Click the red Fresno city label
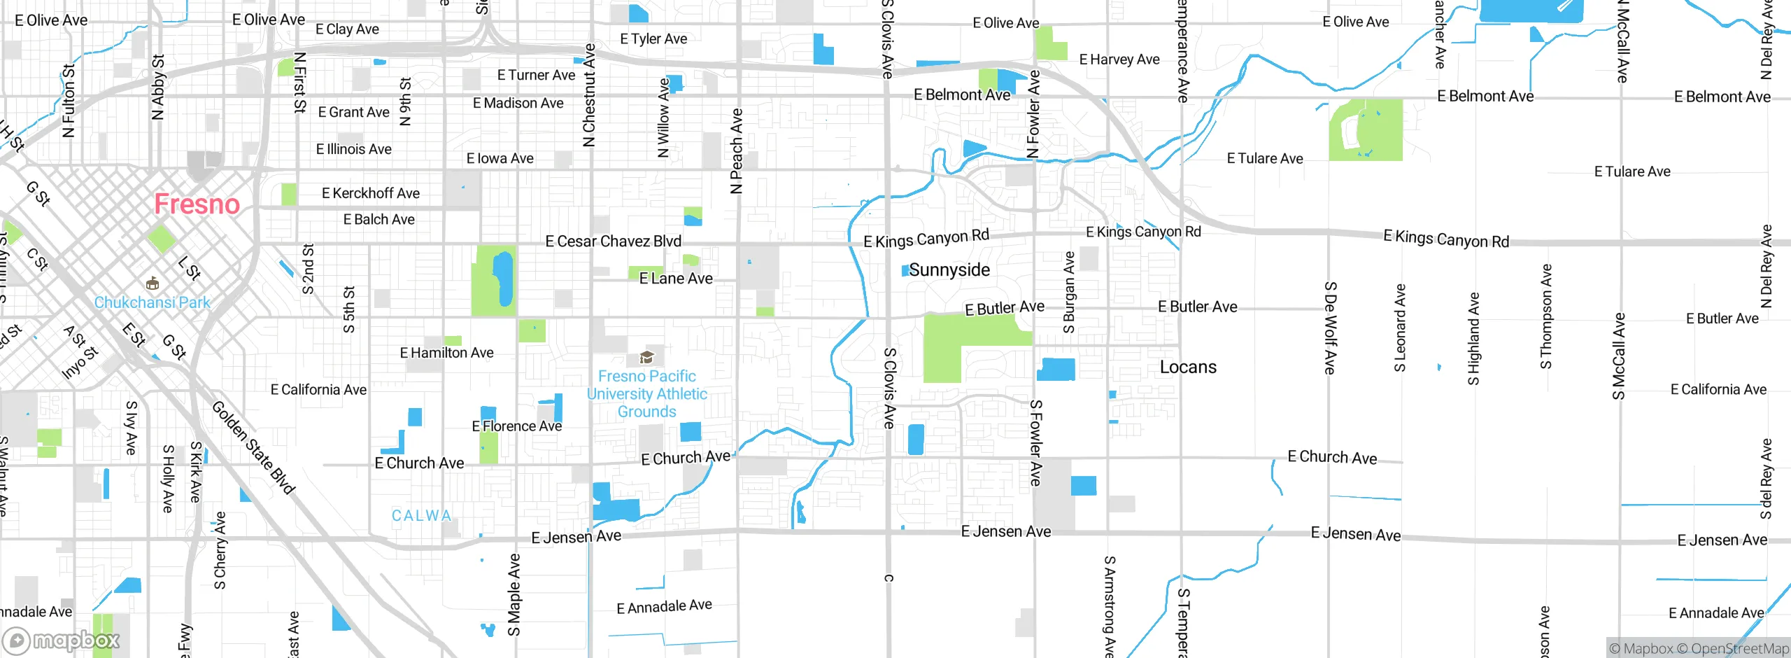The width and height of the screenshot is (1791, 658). click(x=197, y=204)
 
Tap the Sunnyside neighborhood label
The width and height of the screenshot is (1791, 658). click(x=949, y=270)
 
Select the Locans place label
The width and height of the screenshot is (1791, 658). click(x=1188, y=367)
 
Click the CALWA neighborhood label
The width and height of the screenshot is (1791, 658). click(x=421, y=516)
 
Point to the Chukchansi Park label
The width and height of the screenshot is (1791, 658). click(x=152, y=302)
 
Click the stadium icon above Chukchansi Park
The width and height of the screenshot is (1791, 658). click(x=152, y=283)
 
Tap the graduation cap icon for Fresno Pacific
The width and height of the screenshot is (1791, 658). click(x=647, y=358)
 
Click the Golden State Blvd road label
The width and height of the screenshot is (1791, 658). click(x=253, y=448)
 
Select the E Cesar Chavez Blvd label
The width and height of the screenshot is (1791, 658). click(x=613, y=241)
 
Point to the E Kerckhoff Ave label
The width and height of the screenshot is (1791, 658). click(x=371, y=193)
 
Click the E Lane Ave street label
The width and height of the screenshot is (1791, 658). click(x=676, y=279)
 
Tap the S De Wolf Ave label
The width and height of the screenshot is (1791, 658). click(x=1329, y=328)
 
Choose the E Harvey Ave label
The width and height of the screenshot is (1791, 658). click(x=1119, y=59)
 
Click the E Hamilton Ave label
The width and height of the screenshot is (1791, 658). click(x=446, y=353)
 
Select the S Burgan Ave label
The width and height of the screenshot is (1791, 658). click(x=1069, y=293)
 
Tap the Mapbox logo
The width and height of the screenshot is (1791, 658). click(x=62, y=640)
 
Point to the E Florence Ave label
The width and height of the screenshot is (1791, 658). click(x=516, y=426)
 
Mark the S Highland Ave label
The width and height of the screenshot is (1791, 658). click(x=1473, y=339)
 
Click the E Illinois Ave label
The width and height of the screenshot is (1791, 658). click(x=353, y=149)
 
